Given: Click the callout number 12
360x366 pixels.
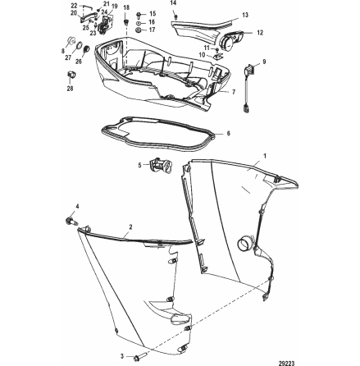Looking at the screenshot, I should (x=260, y=34).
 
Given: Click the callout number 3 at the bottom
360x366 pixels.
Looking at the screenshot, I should (x=123, y=356).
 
